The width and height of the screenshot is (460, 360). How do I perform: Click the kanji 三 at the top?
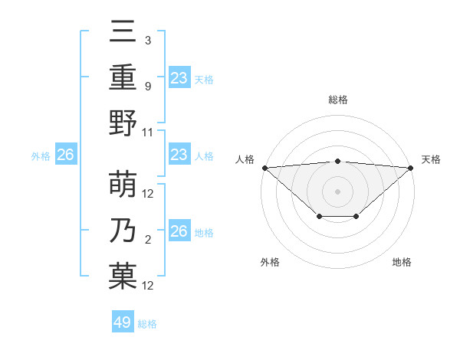point(123,33)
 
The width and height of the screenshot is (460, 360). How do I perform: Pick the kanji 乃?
point(123,232)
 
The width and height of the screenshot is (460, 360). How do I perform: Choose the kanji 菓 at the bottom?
point(123,277)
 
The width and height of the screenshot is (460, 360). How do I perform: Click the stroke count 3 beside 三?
point(147,41)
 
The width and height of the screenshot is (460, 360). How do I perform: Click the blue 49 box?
point(123,322)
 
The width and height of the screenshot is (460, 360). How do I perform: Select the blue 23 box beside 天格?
point(179,77)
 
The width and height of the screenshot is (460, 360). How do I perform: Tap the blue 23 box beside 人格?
point(179,155)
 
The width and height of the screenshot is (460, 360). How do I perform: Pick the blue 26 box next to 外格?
point(65,155)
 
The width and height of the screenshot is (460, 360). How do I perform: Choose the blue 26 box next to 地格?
point(179,231)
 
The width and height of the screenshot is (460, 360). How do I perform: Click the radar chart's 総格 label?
point(337,100)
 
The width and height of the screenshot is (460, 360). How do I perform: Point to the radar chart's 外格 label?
point(270,262)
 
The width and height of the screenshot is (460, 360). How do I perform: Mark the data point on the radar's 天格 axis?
point(411,168)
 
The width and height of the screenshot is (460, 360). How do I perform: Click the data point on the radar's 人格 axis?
point(264,168)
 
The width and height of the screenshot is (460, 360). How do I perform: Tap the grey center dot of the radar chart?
point(337,191)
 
